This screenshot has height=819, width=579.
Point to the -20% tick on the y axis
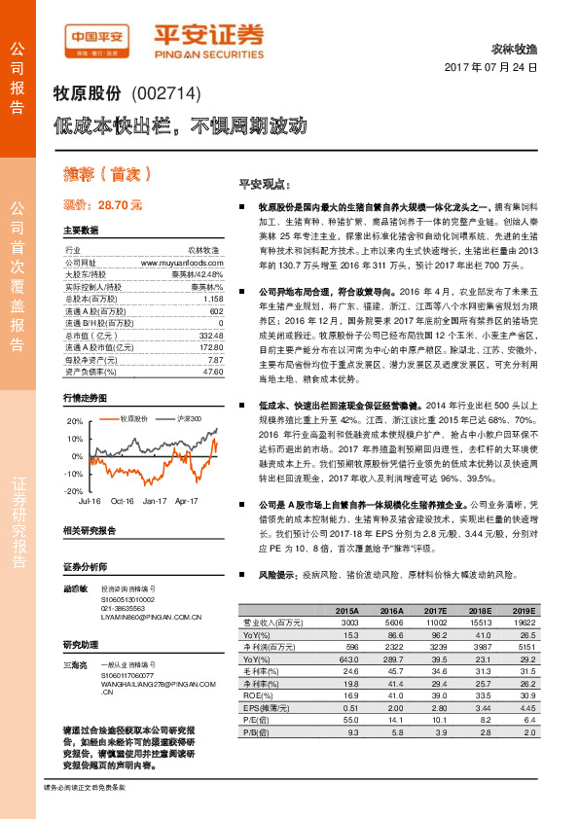click(74, 491)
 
